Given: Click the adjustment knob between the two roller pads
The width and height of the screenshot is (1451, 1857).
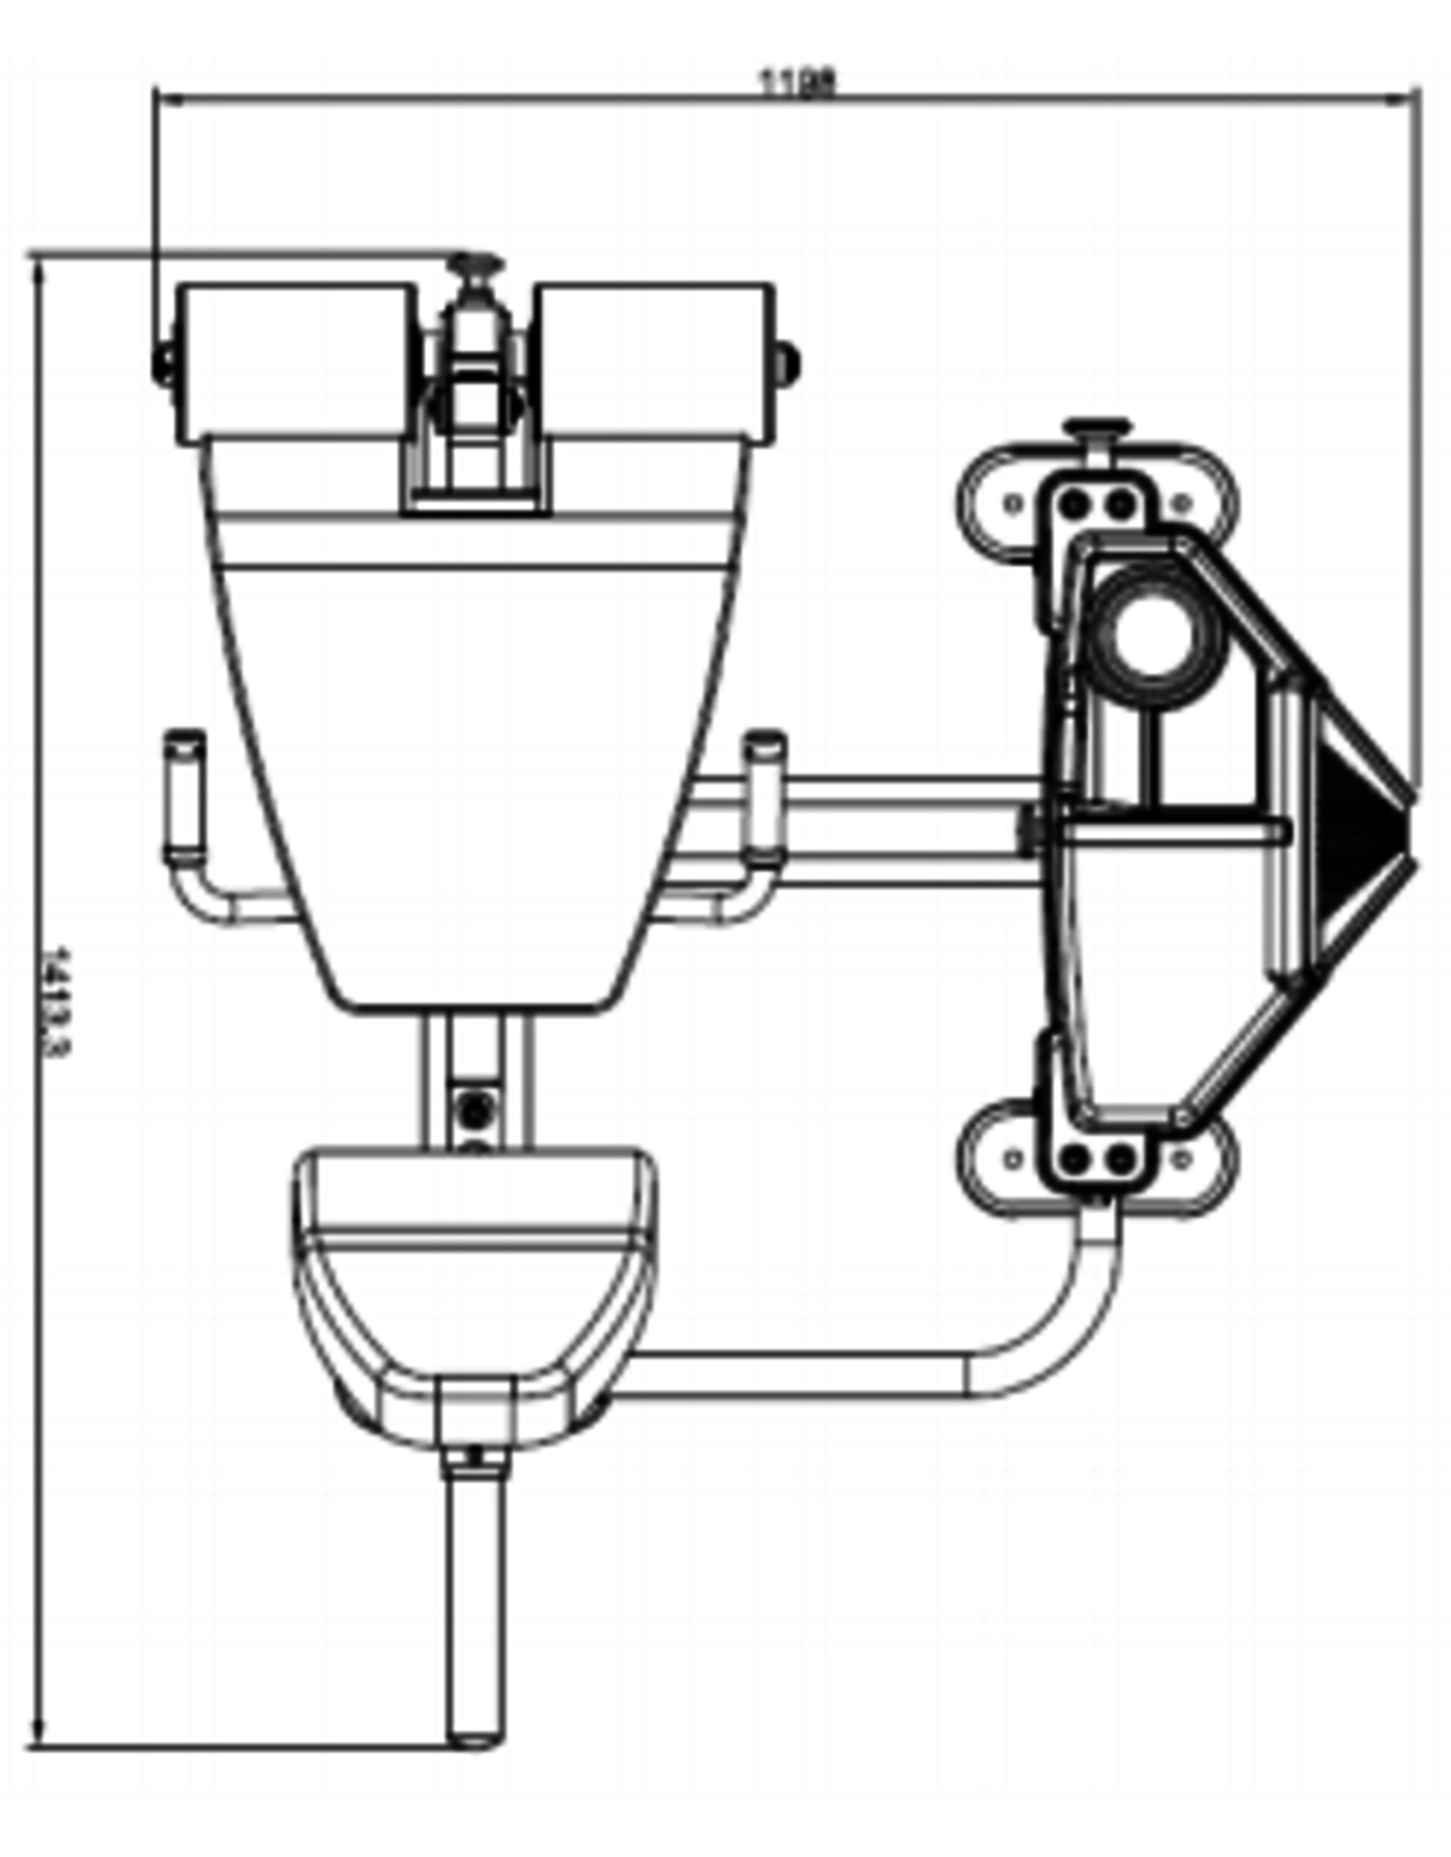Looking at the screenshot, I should (x=478, y=267).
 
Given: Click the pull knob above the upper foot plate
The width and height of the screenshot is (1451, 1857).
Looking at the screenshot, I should (x=1098, y=428).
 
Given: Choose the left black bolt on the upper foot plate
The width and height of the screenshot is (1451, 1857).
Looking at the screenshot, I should (x=1074, y=502).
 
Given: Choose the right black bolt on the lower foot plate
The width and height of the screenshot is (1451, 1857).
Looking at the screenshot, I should (x=1123, y=1159).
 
